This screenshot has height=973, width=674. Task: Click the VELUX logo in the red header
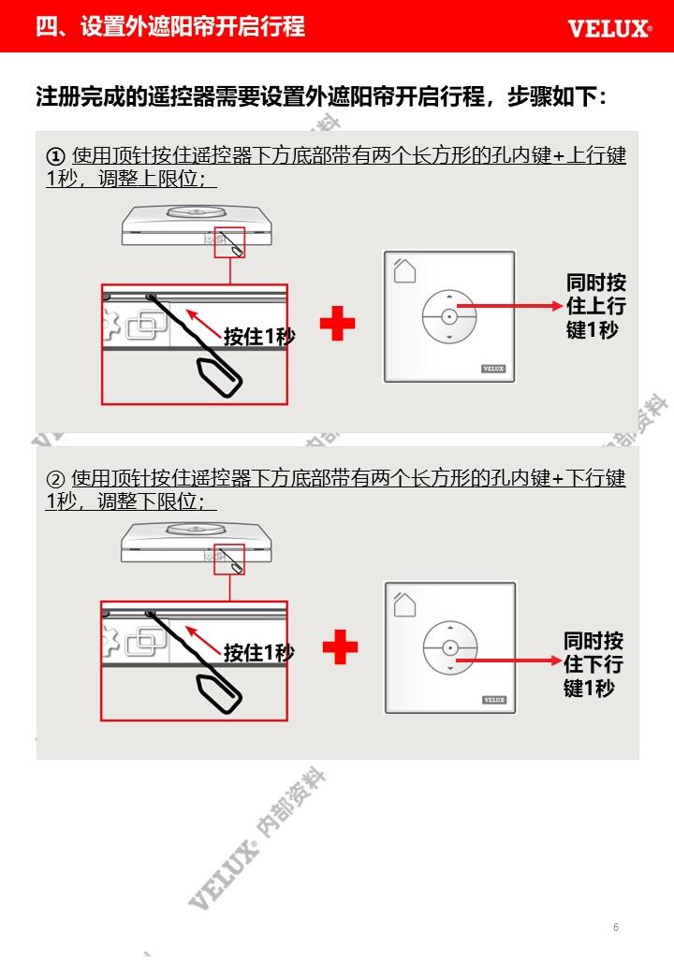[x=609, y=29]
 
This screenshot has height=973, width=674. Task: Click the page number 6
[x=616, y=927]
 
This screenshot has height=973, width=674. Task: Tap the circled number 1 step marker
[x=56, y=156]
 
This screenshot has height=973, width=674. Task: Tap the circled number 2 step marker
[x=56, y=479]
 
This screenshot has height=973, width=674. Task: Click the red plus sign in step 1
[x=338, y=324]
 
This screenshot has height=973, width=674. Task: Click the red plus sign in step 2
[x=340, y=647]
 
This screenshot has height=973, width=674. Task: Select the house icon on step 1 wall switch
[x=404, y=270]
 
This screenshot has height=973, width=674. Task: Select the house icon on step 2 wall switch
[x=404, y=603]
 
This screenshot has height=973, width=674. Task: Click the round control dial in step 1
[x=449, y=316]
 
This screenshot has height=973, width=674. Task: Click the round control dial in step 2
[x=450, y=647]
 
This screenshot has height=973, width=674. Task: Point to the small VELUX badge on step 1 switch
[x=493, y=369]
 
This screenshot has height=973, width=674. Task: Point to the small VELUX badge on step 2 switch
[x=494, y=700]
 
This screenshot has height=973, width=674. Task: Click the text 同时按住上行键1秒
[x=595, y=306]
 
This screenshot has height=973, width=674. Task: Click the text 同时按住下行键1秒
[x=593, y=664]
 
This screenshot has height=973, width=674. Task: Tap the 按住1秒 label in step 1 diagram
[x=259, y=336]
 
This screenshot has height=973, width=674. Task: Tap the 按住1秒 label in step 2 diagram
[x=259, y=653]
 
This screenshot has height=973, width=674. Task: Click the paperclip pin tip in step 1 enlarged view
[x=151, y=298]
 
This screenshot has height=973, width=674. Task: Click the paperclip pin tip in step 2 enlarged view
[x=150, y=615]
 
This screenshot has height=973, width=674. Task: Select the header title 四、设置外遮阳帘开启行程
[x=170, y=27]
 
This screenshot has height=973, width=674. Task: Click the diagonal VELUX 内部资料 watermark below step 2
[x=256, y=838]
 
